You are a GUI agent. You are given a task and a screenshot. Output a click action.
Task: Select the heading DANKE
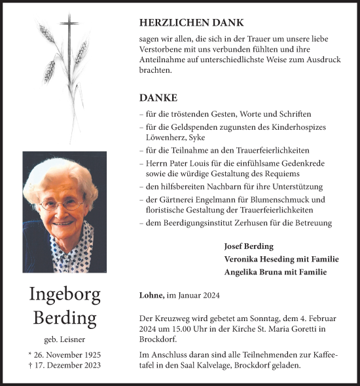pyautogui.click(x=158, y=98)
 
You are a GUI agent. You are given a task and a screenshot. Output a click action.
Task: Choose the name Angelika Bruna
pyautogui.click(x=252, y=271)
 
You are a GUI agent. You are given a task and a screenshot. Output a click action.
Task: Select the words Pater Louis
pyautogui.click(x=186, y=163)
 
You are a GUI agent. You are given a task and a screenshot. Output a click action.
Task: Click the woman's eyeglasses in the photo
pyautogui.click(x=62, y=204)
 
